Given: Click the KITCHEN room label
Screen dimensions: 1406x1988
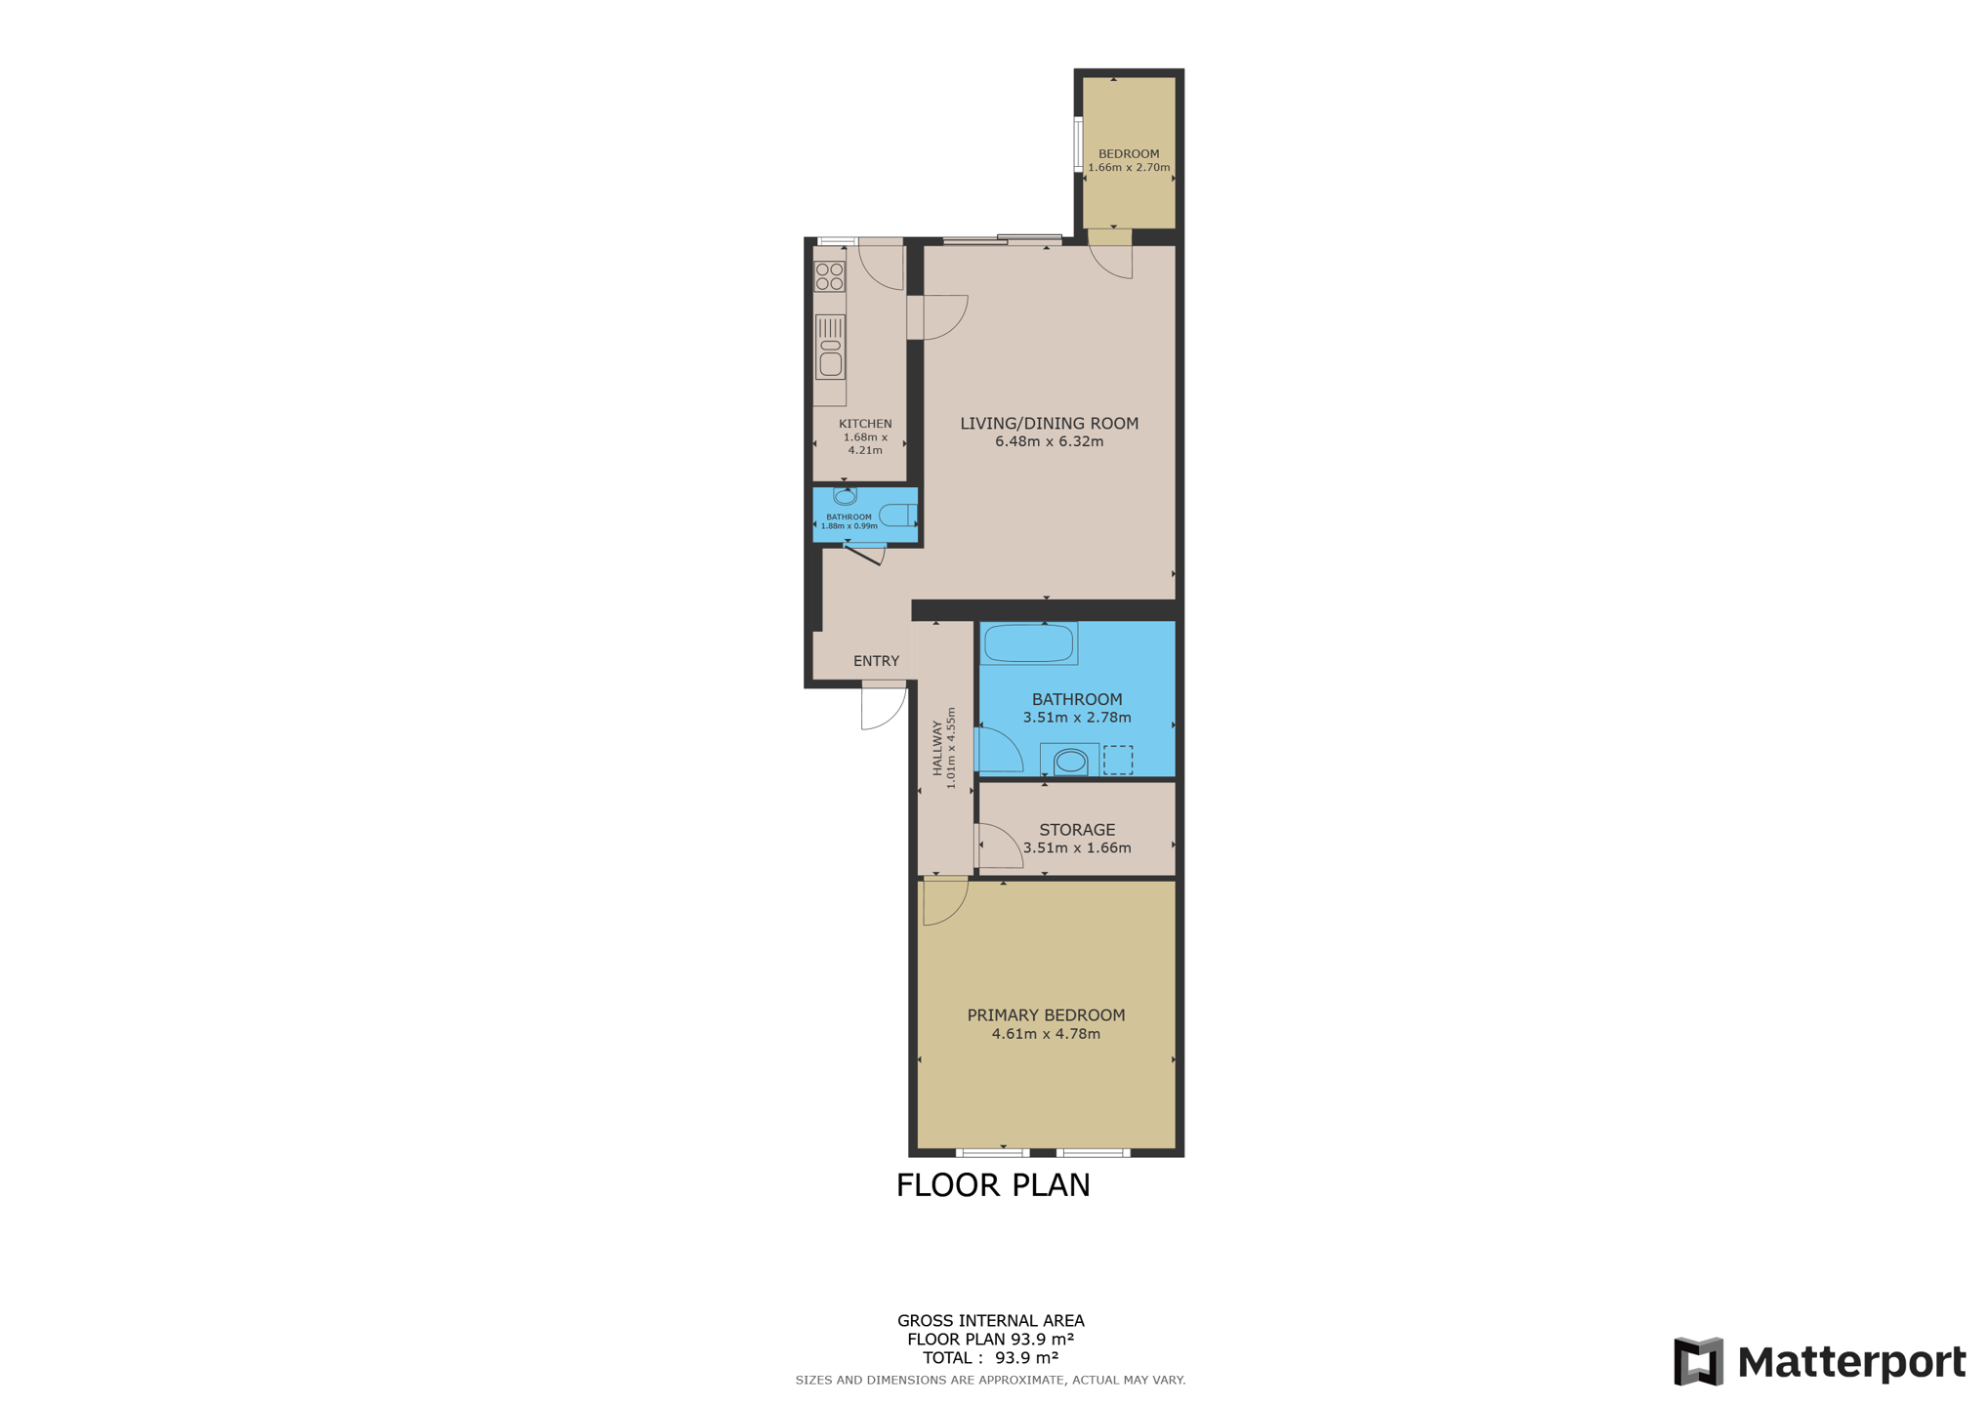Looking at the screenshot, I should click(864, 423).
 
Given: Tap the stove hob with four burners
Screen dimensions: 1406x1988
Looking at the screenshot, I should click(829, 276).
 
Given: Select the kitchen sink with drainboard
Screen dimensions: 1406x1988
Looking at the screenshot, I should click(830, 347).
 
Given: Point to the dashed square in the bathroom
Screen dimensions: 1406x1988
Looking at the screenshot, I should click(1117, 759).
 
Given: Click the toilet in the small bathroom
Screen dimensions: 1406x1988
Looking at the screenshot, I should click(897, 515).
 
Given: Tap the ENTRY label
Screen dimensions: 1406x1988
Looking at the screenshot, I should click(876, 661).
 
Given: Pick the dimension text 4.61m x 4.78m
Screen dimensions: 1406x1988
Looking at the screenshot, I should click(1045, 1033).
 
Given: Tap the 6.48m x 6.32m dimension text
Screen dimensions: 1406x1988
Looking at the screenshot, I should click(1049, 441).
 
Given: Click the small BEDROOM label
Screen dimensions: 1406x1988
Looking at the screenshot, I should click(1128, 153).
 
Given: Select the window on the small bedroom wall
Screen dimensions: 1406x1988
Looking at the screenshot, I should click(1078, 145).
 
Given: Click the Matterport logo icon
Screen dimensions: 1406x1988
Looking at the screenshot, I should click(1698, 1361).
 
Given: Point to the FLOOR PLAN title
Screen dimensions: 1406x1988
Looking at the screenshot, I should click(992, 1184).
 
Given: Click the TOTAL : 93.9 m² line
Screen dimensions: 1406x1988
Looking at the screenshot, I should click(990, 1357).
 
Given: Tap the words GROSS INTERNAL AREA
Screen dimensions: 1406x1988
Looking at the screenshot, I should click(990, 1320).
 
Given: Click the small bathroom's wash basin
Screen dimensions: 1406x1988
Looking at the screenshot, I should click(845, 497).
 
